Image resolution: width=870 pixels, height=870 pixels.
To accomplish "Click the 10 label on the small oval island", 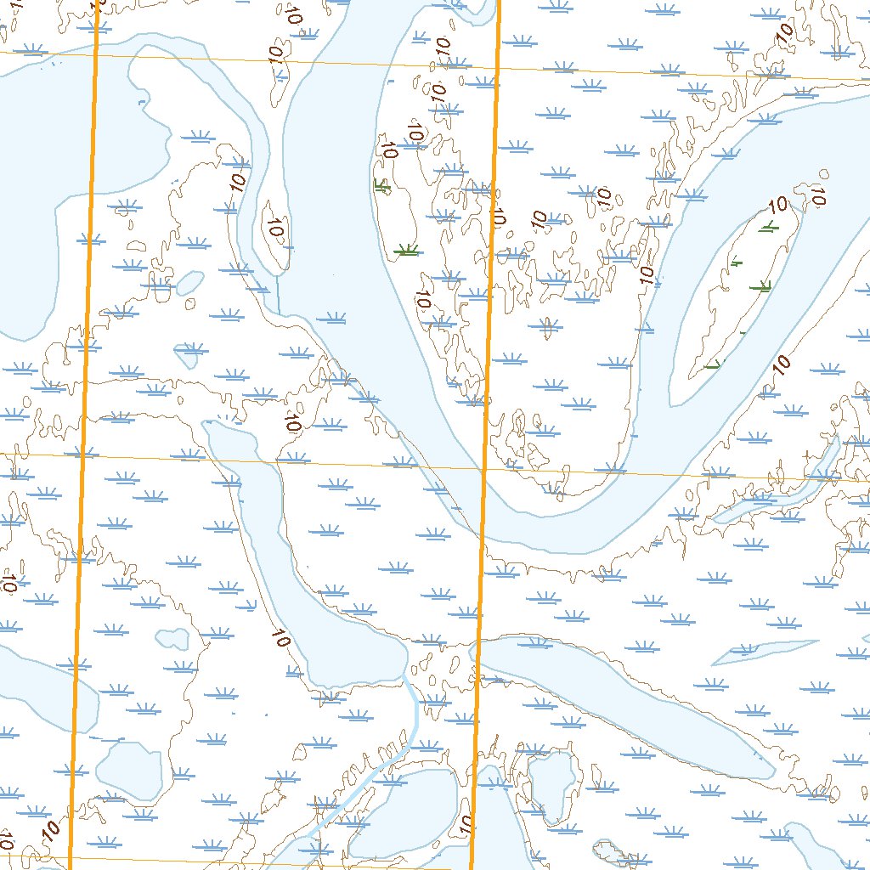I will [x=274, y=228].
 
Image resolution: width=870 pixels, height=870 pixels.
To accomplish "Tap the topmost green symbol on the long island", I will [x=767, y=226].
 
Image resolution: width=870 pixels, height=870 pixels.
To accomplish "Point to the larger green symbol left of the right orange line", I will [x=408, y=250].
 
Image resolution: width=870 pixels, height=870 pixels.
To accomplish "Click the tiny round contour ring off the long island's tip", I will [x=822, y=174].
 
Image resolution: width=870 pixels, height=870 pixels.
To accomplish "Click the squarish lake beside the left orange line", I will [x=129, y=769].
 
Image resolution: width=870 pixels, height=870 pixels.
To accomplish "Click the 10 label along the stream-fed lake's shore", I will [x=281, y=638].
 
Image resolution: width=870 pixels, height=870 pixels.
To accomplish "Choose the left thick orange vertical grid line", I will [x=85, y=425].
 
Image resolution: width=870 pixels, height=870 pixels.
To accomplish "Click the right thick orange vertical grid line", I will [x=487, y=425].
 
